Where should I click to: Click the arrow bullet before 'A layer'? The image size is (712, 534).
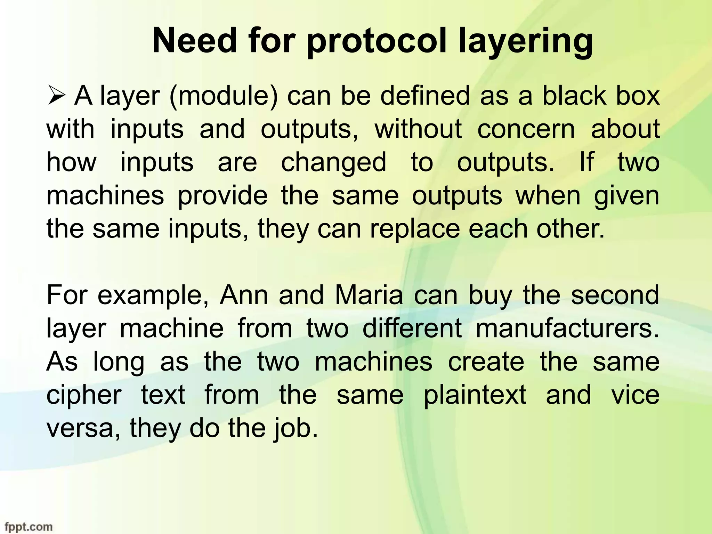(56, 96)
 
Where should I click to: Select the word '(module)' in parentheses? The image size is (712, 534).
(224, 96)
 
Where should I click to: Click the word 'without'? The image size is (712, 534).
(418, 129)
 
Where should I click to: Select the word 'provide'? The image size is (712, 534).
(223, 196)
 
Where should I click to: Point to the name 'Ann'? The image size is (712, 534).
(244, 295)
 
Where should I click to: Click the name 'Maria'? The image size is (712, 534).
(369, 295)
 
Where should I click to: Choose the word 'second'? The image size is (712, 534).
(615, 295)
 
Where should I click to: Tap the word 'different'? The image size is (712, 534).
(412, 328)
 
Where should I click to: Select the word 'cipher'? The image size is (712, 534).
(84, 395)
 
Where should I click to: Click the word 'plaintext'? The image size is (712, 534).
(475, 395)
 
